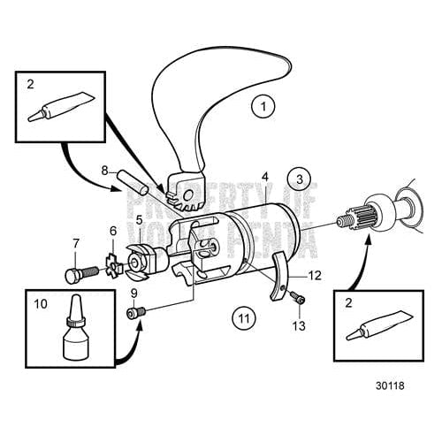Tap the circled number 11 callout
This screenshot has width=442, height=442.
(x=244, y=316)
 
